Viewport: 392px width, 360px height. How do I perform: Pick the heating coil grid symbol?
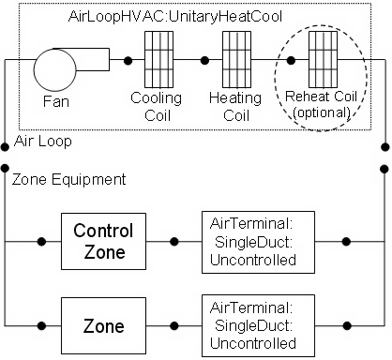[x=235, y=61]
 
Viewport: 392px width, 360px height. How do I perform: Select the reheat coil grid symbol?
[x=322, y=61]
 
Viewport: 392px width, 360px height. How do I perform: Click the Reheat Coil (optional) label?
[x=322, y=106]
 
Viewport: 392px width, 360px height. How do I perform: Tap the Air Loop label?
[x=43, y=142]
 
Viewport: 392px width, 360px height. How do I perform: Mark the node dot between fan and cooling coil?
[x=128, y=62]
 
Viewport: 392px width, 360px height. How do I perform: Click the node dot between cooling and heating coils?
[x=204, y=62]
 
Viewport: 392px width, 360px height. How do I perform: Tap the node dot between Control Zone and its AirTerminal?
[x=173, y=240]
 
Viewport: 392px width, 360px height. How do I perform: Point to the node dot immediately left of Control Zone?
[x=40, y=240]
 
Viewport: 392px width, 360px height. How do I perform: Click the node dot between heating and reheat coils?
[x=291, y=62]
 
